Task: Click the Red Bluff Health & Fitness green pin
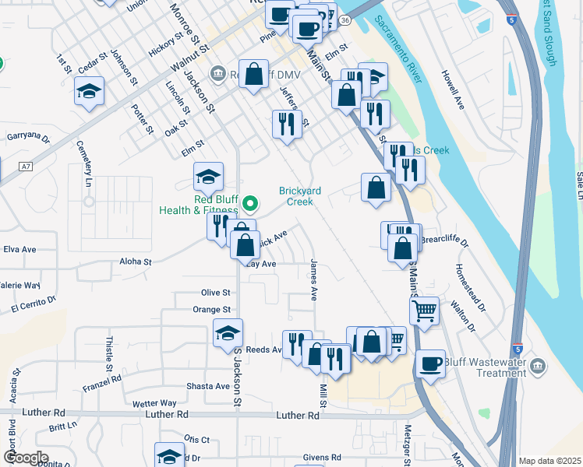[x=250, y=205]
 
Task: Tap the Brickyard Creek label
[x=295, y=196]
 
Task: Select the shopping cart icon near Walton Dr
[x=424, y=311]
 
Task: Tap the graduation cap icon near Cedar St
[x=89, y=92]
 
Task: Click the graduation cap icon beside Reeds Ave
[x=228, y=333]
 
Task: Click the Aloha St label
[x=136, y=262]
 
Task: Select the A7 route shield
[x=27, y=167]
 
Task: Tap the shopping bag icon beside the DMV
[x=254, y=75]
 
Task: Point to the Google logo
[x=25, y=458]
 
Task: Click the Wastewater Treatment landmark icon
[x=538, y=366]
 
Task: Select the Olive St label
[x=216, y=293]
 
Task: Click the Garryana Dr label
[x=28, y=138]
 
